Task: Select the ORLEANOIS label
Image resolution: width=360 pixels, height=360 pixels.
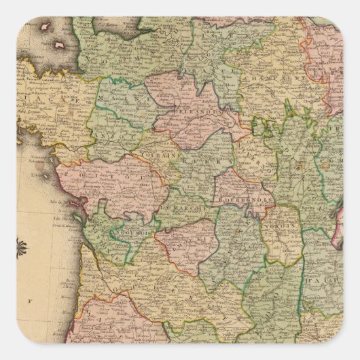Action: pos(194,107)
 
